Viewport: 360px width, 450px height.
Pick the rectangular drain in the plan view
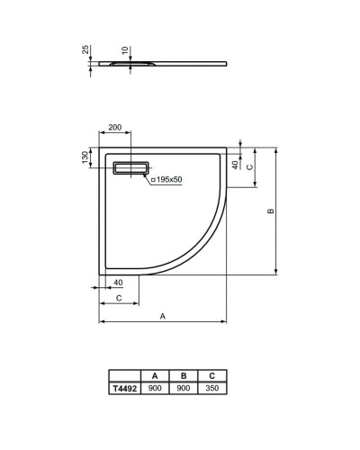coord(132,167)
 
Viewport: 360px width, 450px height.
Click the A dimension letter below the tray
coord(162,316)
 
